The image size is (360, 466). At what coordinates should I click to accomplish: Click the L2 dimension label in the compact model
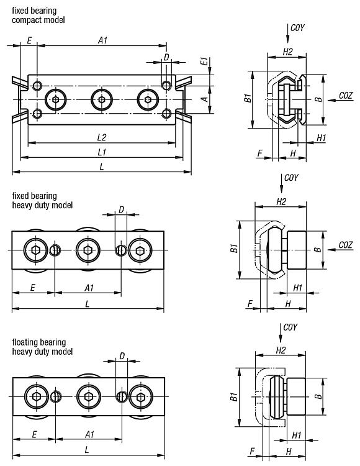pos(102,137)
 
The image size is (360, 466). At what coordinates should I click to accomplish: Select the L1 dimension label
pos(102,152)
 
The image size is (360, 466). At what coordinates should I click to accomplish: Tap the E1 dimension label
pos(204,62)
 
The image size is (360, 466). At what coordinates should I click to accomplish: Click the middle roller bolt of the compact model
pos(102,99)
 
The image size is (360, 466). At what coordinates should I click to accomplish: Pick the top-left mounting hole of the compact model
pos(37,86)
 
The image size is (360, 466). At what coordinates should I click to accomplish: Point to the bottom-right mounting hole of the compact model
pos(166,113)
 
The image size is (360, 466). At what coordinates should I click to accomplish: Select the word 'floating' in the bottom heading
pos(25,342)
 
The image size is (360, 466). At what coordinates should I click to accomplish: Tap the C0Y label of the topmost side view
pos(297,27)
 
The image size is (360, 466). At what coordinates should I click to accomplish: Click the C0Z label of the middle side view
pos(346,245)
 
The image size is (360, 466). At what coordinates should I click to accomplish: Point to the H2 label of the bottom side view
pos(281,350)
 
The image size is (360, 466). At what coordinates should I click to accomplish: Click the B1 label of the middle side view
pos(234,248)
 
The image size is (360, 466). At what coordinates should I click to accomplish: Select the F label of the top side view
pos(260,153)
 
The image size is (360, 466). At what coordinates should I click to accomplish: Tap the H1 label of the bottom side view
pos(297,435)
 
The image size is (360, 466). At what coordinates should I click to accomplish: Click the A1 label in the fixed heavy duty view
pos(89,288)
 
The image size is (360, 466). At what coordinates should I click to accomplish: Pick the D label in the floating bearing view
pos(122,356)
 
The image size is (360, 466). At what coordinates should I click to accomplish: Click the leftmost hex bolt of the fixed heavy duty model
pos(35,250)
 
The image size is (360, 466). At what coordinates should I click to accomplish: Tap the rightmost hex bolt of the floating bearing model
pos(141,397)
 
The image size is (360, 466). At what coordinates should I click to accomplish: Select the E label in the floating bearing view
pos(34,434)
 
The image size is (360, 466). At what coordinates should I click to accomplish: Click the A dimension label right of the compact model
pos(205,99)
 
